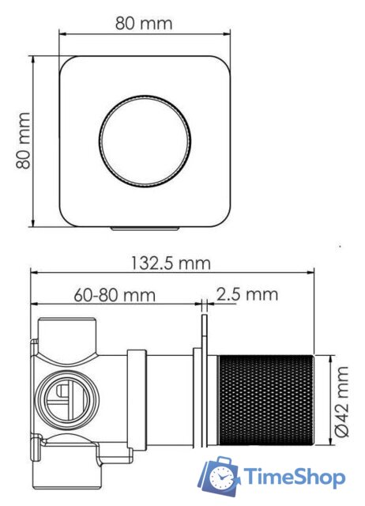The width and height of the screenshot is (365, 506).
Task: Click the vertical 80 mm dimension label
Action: coord(23,141)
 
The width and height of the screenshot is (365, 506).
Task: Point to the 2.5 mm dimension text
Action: coord(247,295)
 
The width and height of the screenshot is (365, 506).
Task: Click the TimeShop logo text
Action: coord(293,478)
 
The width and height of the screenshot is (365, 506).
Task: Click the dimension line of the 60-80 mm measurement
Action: coord(115,304)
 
